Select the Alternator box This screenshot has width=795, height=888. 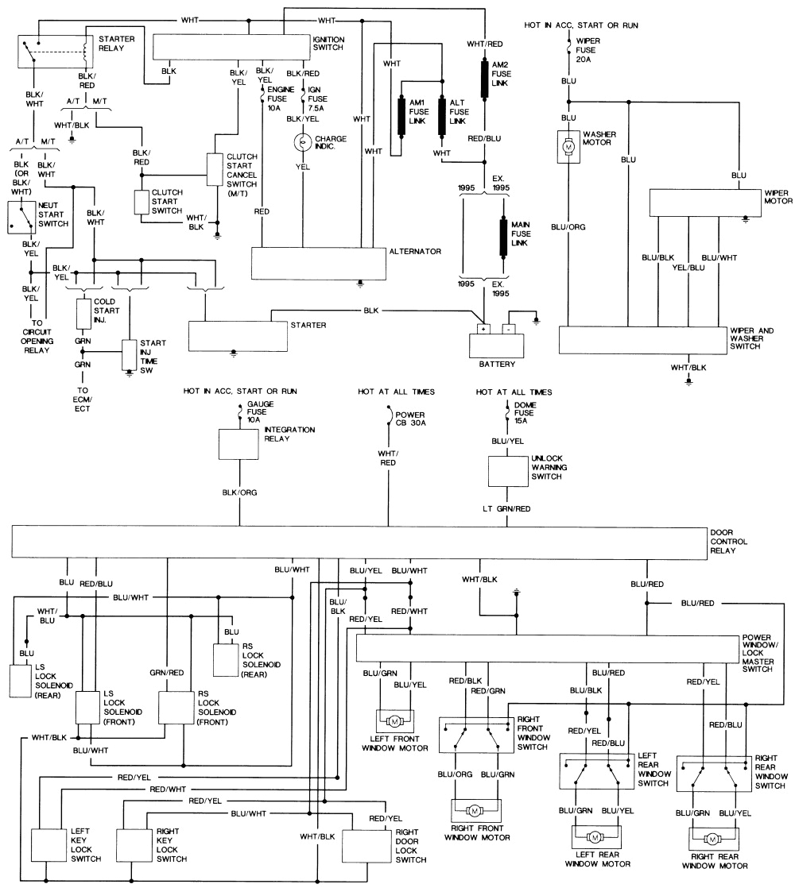318,262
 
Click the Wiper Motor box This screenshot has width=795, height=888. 700,203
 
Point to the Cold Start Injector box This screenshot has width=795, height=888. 84,314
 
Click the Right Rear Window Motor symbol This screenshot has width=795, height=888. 713,839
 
